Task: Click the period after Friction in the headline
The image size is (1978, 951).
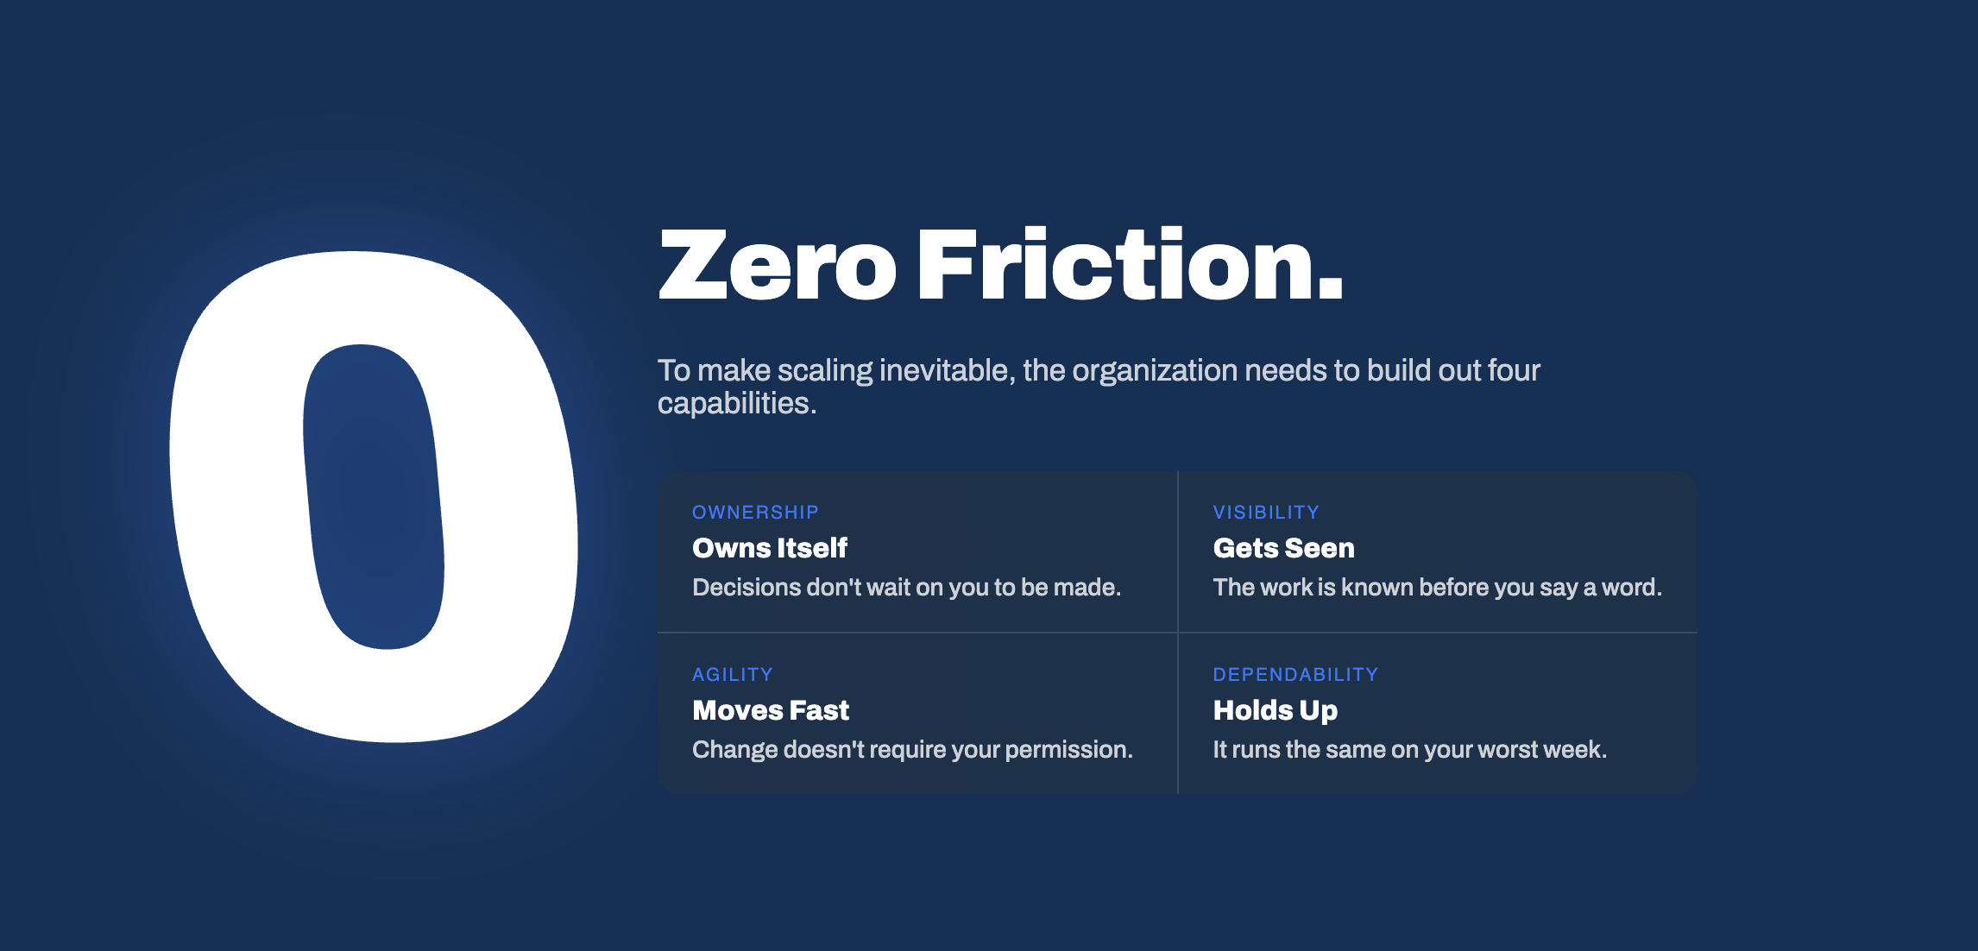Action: (x=1329, y=287)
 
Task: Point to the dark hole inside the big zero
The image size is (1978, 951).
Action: (x=374, y=496)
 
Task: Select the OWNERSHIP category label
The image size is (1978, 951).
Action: (x=755, y=513)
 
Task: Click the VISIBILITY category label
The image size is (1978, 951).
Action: (x=1266, y=513)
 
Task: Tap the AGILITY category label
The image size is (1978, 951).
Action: (x=733, y=675)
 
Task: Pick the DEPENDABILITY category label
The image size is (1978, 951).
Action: (x=1295, y=675)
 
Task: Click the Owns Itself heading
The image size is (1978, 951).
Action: (x=770, y=548)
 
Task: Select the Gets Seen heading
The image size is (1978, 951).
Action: (x=1283, y=548)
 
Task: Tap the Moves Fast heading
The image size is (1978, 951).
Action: (x=771, y=710)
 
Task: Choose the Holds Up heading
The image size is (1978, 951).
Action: (x=1275, y=710)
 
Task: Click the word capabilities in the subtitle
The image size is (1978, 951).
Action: (x=737, y=404)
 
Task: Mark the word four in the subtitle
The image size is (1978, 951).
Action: (x=1514, y=371)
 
